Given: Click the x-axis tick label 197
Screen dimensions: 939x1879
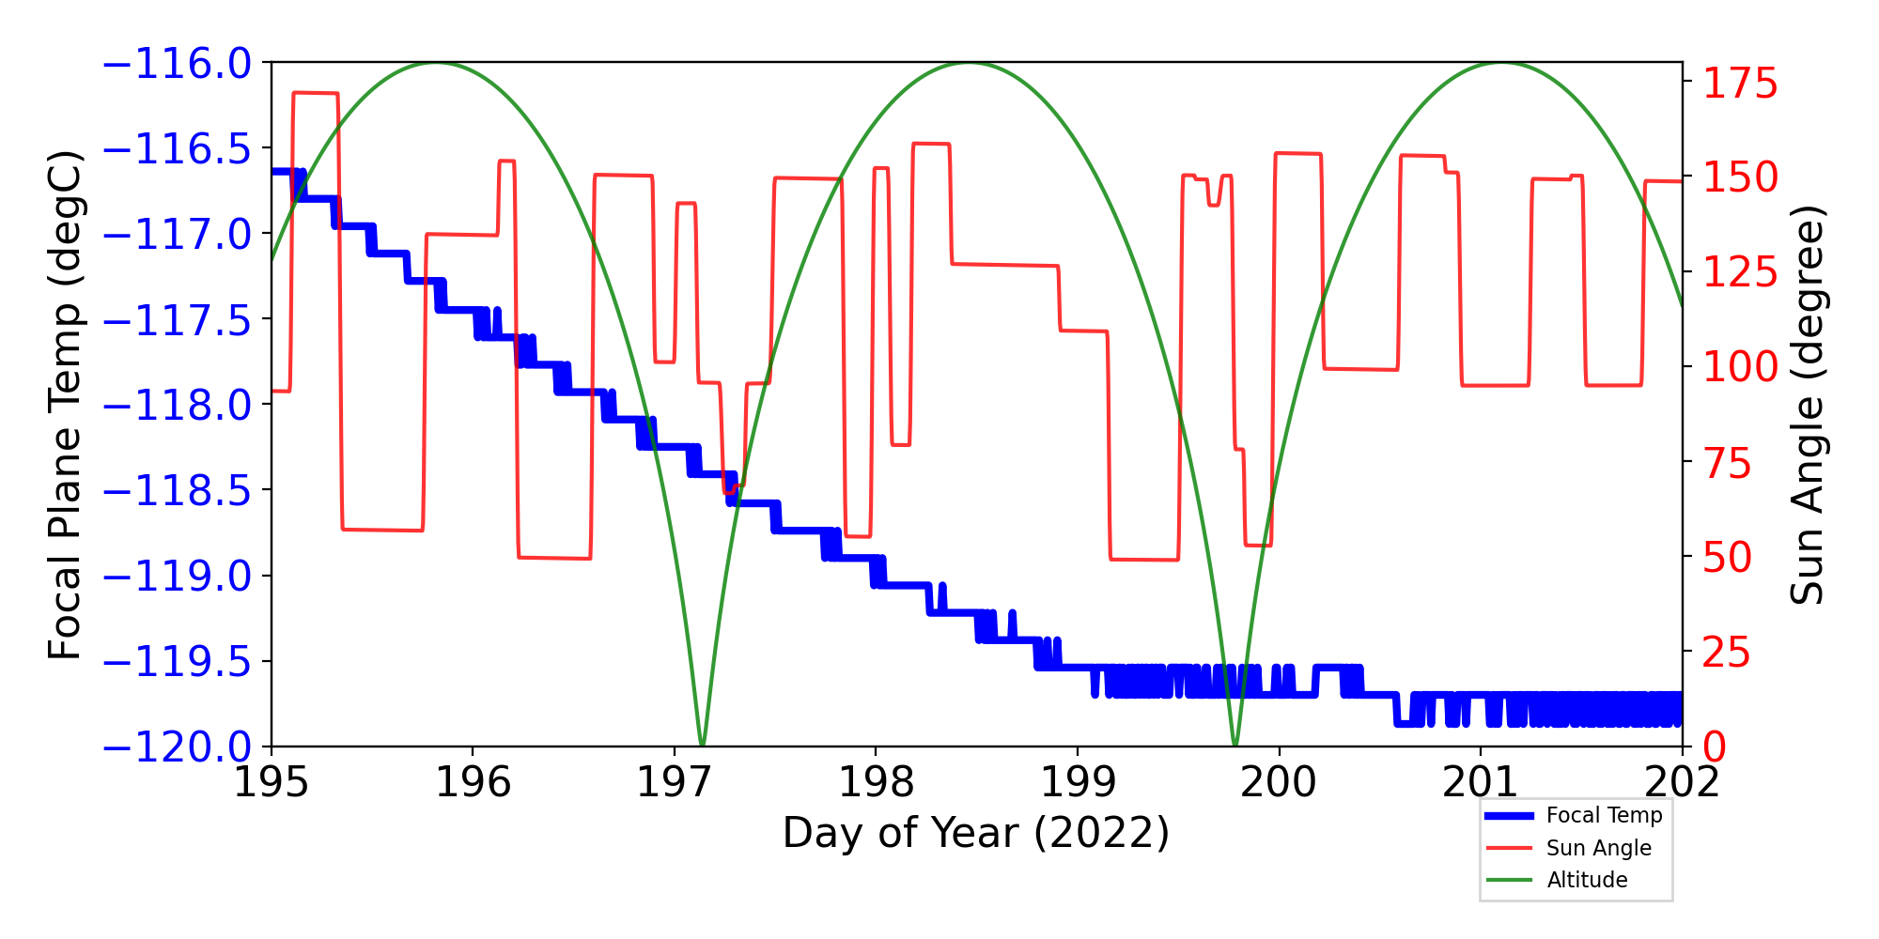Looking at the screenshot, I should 674,782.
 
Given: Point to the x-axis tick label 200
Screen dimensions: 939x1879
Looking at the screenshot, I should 1279,782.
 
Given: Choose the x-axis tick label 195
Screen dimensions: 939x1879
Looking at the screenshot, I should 271,782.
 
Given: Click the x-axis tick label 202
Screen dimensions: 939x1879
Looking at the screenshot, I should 1682,782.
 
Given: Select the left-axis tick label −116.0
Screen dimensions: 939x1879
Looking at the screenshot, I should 177,64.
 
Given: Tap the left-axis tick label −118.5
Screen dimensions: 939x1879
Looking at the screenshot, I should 177,490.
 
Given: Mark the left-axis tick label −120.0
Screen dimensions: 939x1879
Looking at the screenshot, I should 177,747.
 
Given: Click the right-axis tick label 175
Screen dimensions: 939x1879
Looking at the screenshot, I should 1740,85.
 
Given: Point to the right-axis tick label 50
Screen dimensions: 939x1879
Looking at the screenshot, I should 1728,558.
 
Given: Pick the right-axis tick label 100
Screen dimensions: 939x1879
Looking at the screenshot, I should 1740,367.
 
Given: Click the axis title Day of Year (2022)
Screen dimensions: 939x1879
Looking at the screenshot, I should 976,833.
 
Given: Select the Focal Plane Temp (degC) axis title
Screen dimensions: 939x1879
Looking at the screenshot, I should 66,405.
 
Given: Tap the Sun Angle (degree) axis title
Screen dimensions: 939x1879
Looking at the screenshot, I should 1806,405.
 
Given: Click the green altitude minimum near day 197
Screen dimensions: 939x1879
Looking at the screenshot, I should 702,745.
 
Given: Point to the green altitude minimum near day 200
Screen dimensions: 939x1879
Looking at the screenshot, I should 1235,745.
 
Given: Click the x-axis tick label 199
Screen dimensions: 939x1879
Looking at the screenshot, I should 1077,782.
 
